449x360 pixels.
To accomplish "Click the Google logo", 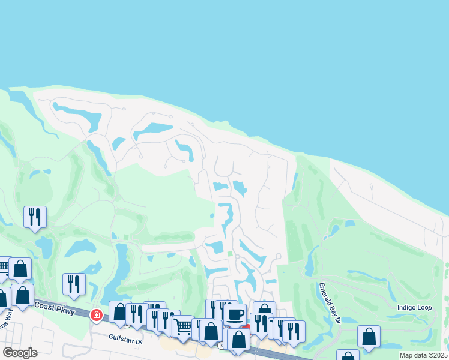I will (19, 353).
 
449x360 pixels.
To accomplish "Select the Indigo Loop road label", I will (415, 307).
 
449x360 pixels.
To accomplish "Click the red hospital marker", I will (96, 314).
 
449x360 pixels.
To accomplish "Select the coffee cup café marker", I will (235, 313).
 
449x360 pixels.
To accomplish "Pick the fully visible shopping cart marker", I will (184, 326).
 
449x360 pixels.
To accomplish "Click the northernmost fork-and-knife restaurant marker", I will (35, 216).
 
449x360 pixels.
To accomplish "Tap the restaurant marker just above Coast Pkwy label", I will (74, 283).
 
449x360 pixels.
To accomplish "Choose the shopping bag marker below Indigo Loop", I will (369, 336).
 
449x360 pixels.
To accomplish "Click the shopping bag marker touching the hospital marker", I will (119, 312).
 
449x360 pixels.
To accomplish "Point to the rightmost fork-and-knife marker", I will (294, 331).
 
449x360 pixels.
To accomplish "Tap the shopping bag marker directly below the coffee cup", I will (238, 338).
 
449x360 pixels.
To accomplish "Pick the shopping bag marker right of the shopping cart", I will (211, 331).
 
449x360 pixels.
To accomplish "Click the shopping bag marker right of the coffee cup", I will (264, 311).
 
